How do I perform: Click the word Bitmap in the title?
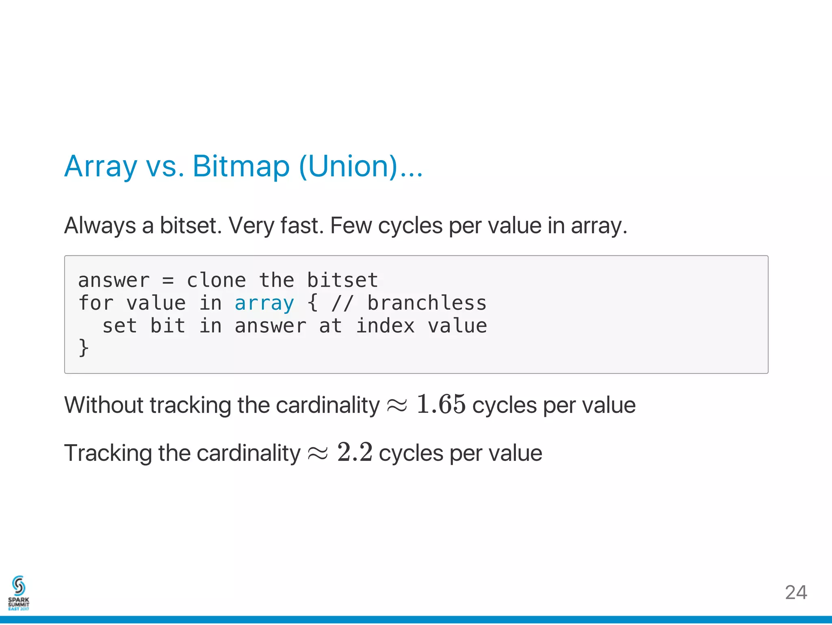point(240,166)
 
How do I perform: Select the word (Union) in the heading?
point(349,166)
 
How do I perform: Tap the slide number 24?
point(795,592)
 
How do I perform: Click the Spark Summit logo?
point(19,592)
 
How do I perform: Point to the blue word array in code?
point(264,303)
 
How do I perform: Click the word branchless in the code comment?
point(427,303)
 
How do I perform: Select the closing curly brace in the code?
point(83,348)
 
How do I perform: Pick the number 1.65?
point(441,404)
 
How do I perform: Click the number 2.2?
point(355,452)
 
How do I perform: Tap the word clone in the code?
point(216,280)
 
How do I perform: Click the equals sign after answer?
point(168,281)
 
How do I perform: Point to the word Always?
point(100,226)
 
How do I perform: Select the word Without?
point(104,405)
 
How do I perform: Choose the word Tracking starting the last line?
point(108,453)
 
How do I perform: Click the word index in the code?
point(385,326)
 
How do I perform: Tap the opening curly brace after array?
point(312,303)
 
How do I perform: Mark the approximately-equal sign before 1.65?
point(396,406)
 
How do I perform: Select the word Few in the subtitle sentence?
point(351,226)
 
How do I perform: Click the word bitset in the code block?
point(342,280)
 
